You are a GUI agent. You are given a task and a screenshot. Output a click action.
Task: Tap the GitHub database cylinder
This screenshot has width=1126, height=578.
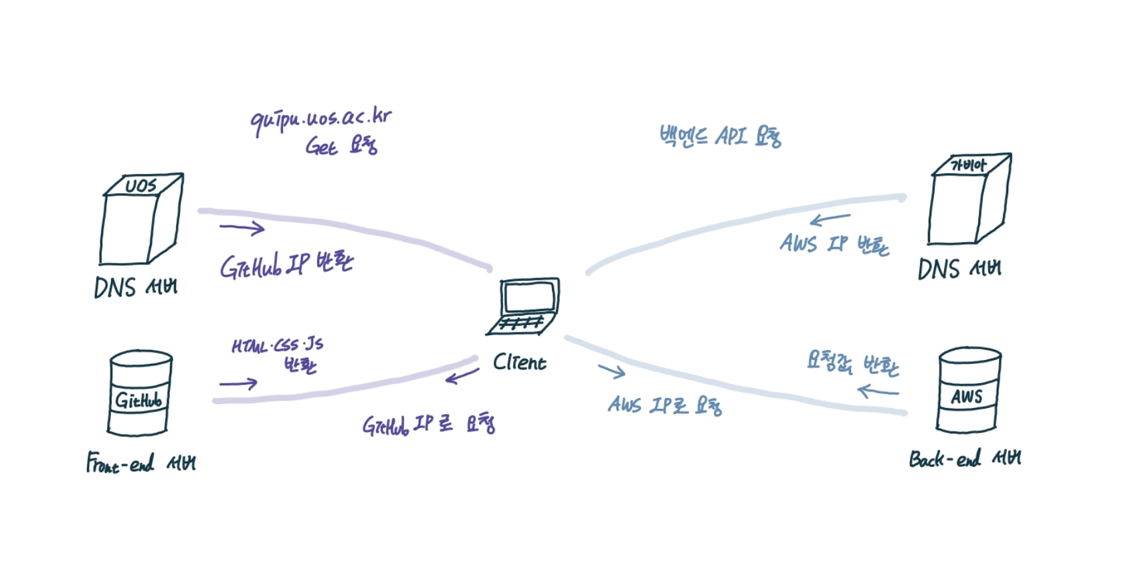[x=140, y=395]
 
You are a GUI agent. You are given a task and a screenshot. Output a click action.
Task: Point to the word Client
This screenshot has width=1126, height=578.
[x=519, y=363]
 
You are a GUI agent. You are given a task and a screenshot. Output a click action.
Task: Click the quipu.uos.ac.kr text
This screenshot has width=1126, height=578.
[x=321, y=120]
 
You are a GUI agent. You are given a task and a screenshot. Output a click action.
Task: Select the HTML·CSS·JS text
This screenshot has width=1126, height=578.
[x=277, y=346]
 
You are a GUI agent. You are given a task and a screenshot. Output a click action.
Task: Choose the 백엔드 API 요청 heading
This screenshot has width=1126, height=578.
[x=720, y=136]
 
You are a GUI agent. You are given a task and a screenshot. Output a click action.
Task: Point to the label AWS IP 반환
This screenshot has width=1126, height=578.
[x=834, y=244]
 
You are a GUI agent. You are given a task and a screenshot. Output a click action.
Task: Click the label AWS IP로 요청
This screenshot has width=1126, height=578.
[x=665, y=405]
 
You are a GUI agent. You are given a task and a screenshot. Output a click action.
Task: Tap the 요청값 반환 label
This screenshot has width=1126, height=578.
[x=852, y=363]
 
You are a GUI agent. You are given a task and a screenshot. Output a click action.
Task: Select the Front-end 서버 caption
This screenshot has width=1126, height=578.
[x=140, y=463]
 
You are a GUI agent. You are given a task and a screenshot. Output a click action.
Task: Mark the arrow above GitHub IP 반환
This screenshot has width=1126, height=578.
[x=242, y=228]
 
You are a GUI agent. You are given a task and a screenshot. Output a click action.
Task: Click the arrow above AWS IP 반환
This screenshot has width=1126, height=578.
[x=830, y=219]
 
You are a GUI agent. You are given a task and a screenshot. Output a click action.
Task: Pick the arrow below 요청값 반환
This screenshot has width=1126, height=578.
[x=878, y=391]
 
